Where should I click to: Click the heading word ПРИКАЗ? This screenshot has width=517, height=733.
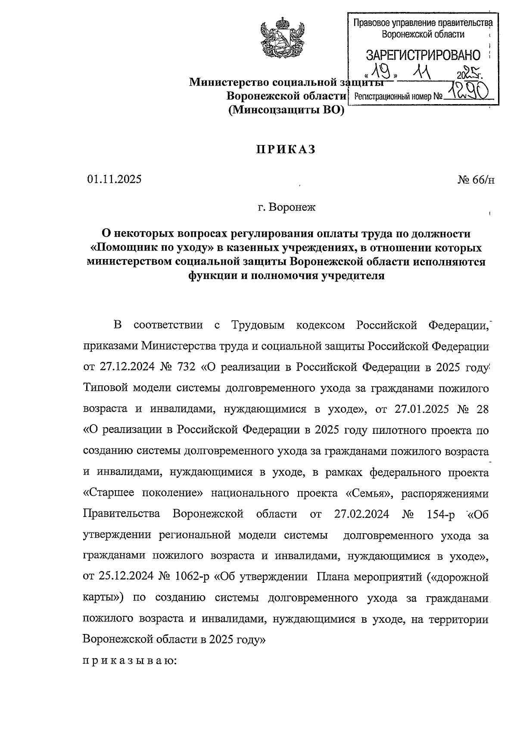coord(286,150)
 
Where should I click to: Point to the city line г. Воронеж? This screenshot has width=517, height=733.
coord(287,207)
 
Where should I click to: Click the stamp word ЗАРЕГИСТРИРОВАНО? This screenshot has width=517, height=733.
coord(423,55)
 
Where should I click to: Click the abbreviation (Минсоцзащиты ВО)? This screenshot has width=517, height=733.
coord(287,111)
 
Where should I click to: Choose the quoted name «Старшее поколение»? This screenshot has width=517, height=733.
coord(143,493)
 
